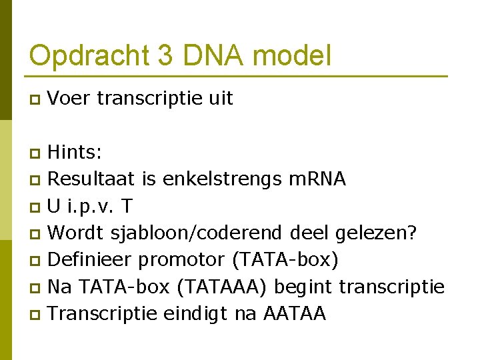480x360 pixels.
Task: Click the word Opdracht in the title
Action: (89, 55)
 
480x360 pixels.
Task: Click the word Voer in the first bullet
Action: (69, 99)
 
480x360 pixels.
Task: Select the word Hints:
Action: (75, 153)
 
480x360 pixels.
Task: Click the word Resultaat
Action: (91, 179)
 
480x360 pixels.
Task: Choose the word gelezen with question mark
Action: (377, 233)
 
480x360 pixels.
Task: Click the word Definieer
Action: (91, 260)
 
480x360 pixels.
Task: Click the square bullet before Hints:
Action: (37, 153)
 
